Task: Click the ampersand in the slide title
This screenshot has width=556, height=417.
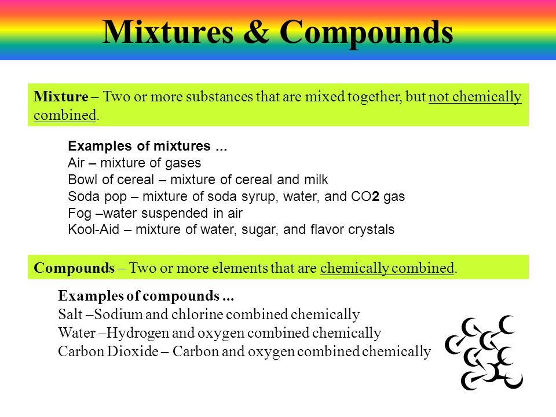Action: (257, 32)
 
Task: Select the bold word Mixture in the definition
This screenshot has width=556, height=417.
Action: (61, 97)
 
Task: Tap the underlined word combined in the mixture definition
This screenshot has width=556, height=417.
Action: (65, 115)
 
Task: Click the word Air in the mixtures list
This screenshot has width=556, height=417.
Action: (76, 163)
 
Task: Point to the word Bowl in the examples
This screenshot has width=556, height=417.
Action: (82, 180)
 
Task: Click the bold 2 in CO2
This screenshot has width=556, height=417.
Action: (375, 196)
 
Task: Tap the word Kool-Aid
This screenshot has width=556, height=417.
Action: (94, 229)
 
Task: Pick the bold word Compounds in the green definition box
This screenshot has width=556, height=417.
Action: (74, 268)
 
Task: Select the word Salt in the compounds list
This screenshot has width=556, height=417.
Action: (70, 314)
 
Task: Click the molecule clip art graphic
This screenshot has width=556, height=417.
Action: (484, 353)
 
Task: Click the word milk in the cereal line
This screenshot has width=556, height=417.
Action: (316, 180)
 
